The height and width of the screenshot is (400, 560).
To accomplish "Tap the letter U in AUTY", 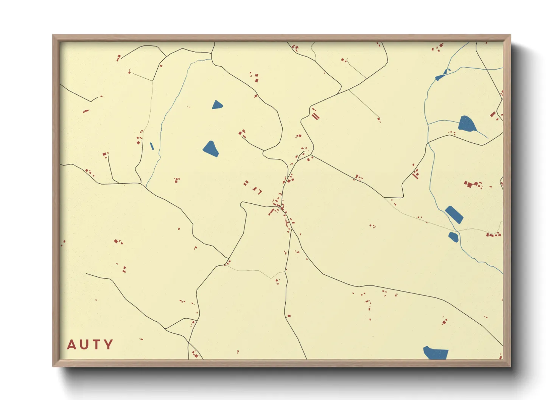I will click(84, 344).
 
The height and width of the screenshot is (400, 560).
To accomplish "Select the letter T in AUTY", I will click(96, 344).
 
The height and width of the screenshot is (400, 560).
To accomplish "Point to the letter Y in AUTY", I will click(109, 344).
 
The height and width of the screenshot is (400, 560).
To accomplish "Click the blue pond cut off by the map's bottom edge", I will click(436, 353).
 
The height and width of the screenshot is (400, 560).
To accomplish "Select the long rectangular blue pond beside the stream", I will click(454, 215).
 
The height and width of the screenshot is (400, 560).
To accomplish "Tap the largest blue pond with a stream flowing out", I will click(467, 124).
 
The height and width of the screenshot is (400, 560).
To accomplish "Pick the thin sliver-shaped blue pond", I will click(152, 146).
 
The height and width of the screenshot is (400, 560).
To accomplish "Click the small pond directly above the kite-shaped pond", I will click(217, 105).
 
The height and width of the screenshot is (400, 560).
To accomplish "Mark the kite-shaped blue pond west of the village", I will click(211, 149).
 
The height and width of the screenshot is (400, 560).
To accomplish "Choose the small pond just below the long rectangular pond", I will click(453, 237).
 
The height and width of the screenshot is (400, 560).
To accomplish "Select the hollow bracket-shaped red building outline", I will click(259, 191).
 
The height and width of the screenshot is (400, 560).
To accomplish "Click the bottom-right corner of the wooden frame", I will click(510, 366).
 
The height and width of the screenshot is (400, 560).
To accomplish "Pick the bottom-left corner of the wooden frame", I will click(53, 366).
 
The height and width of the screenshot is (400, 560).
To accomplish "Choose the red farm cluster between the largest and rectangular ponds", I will click(473, 184).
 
